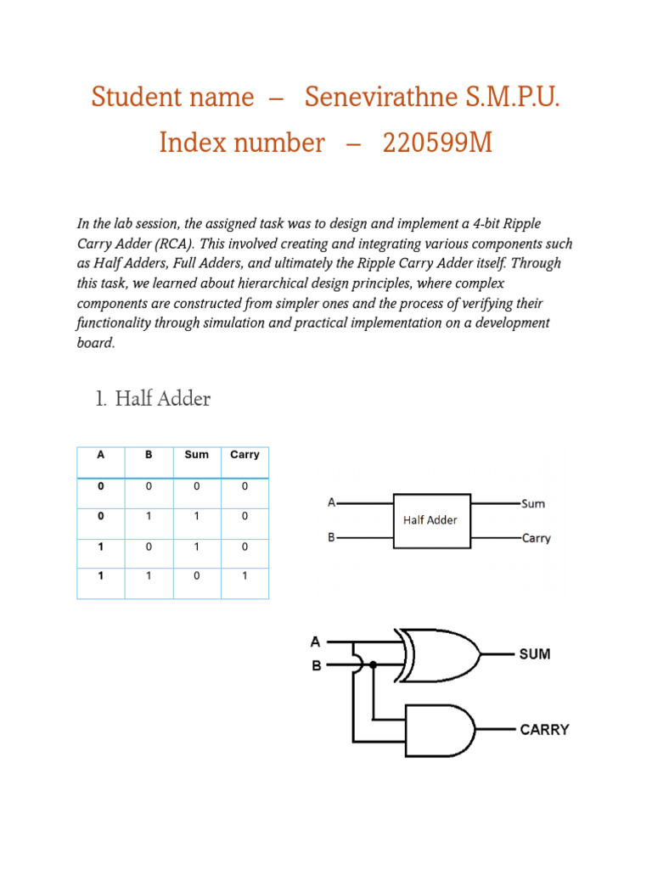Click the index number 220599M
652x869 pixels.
tap(437, 143)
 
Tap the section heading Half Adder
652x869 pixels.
tap(163, 399)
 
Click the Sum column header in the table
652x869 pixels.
tap(196, 455)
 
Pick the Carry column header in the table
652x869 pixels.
tap(244, 455)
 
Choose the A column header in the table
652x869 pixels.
tap(101, 455)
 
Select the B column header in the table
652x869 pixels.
tap(149, 455)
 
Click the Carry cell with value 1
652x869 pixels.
tap(244, 575)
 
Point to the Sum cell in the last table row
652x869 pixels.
tap(196, 575)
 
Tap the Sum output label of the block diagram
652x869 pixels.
tap(534, 504)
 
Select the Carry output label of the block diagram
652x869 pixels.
tap(537, 538)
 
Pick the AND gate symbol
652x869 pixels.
tap(440, 730)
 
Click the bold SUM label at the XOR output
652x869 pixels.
tap(535, 654)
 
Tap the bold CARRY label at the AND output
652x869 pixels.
tap(544, 730)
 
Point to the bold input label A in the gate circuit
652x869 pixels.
tap(316, 642)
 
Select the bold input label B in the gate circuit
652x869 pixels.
tap(316, 666)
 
